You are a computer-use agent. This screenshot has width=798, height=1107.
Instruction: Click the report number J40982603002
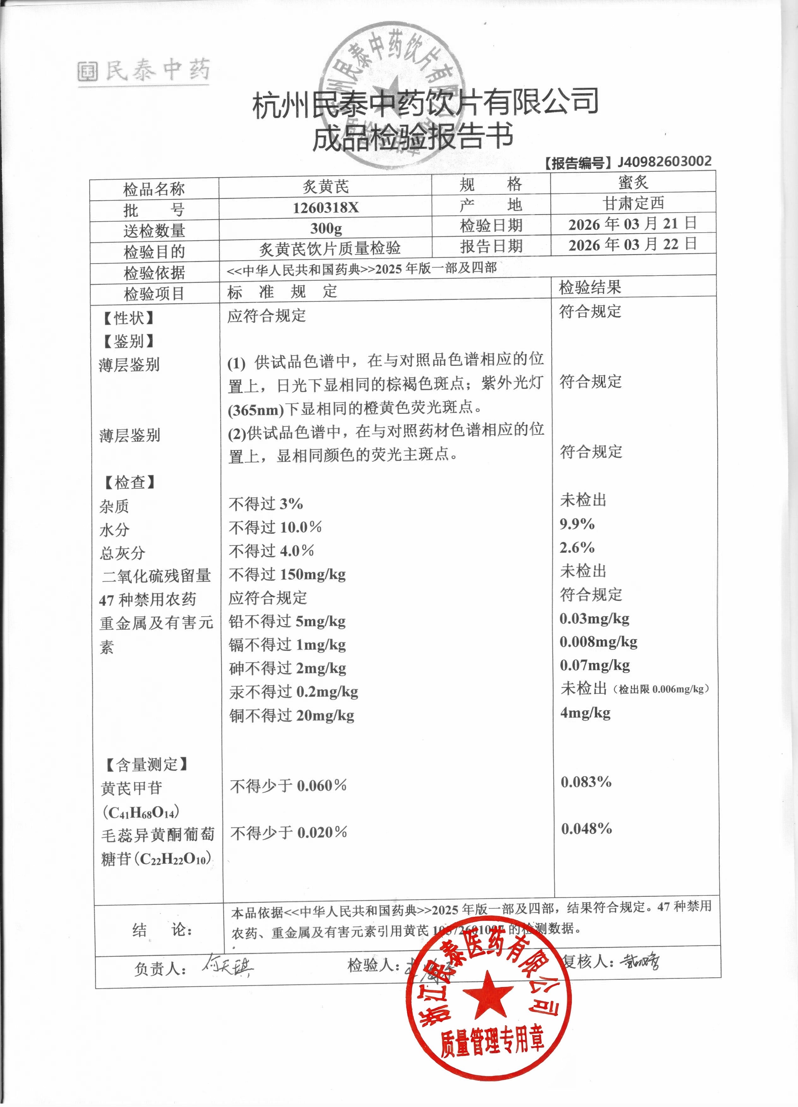[664, 162]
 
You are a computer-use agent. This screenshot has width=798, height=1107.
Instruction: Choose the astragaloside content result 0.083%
[586, 782]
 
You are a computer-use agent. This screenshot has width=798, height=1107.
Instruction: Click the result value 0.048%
[586, 828]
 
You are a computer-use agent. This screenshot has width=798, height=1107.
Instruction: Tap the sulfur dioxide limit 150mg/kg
[313, 574]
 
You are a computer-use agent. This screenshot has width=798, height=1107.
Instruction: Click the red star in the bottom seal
[488, 992]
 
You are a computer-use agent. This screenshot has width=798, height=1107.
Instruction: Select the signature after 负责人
[228, 966]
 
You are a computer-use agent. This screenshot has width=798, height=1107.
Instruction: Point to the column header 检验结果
[590, 288]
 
